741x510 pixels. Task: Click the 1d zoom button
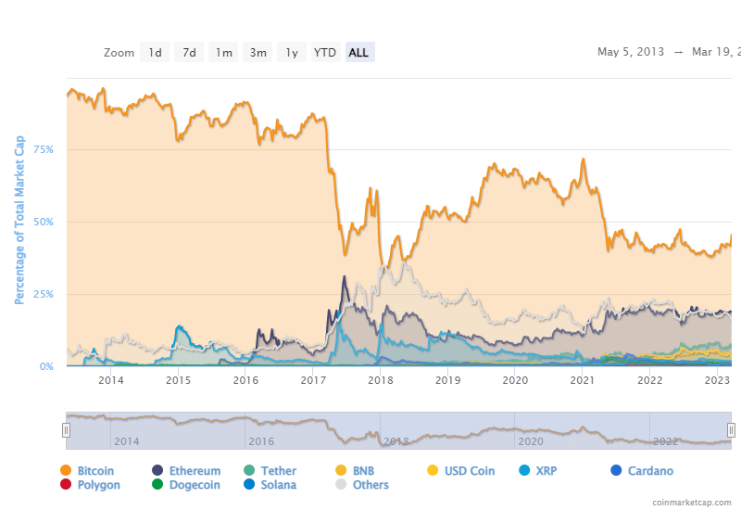pos(155,53)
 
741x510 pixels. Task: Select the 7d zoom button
pos(189,53)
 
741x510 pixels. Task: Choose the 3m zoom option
pos(257,53)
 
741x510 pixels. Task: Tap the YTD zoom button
pos(325,53)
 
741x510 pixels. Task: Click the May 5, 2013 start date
pos(631,52)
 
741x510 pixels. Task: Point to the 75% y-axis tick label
pos(44,149)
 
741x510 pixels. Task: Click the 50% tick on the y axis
pos(44,222)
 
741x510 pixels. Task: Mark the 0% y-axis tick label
pos(46,366)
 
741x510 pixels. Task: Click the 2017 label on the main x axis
pos(312,380)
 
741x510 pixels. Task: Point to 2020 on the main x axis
pos(514,380)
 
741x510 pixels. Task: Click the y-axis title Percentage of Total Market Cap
pos(19,219)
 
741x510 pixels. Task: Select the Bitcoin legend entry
pos(87,471)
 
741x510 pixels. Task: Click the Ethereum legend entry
pos(186,471)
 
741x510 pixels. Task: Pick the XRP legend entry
pos(540,471)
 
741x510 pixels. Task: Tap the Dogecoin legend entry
pos(186,485)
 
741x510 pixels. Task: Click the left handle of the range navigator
pos(66,429)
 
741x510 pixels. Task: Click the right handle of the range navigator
pos(731,429)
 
